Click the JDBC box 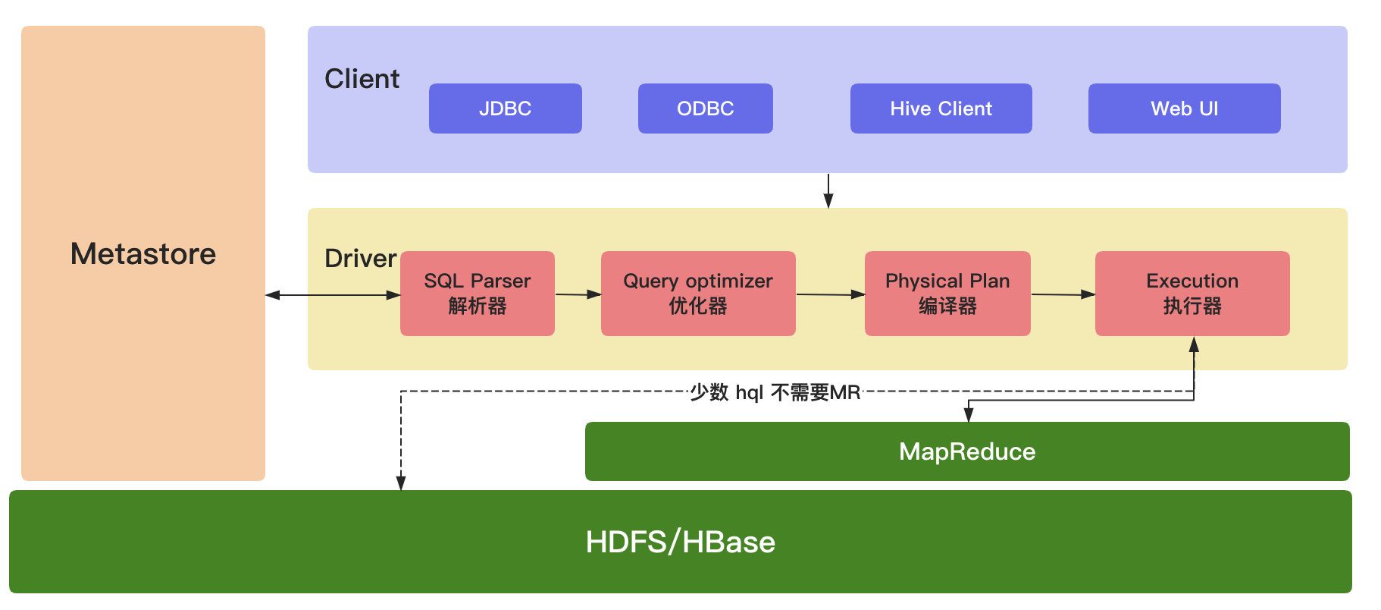(x=505, y=108)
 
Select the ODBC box (x=705, y=108)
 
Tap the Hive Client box (x=941, y=108)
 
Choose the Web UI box (x=1184, y=108)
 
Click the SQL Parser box (x=477, y=294)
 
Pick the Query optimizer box (x=697, y=294)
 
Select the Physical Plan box (x=947, y=294)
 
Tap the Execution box (x=1192, y=294)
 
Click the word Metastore (x=143, y=253)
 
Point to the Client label (x=362, y=79)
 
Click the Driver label (x=360, y=259)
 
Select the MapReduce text (x=967, y=451)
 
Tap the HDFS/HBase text (x=680, y=542)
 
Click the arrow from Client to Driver (x=828, y=190)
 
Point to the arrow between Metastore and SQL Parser (x=333, y=295)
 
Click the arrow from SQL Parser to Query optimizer (x=578, y=294)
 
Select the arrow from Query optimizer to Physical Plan (x=830, y=294)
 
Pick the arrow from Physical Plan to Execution (x=1063, y=294)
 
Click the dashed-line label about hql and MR (x=775, y=392)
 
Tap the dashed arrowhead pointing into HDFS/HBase (x=401, y=483)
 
